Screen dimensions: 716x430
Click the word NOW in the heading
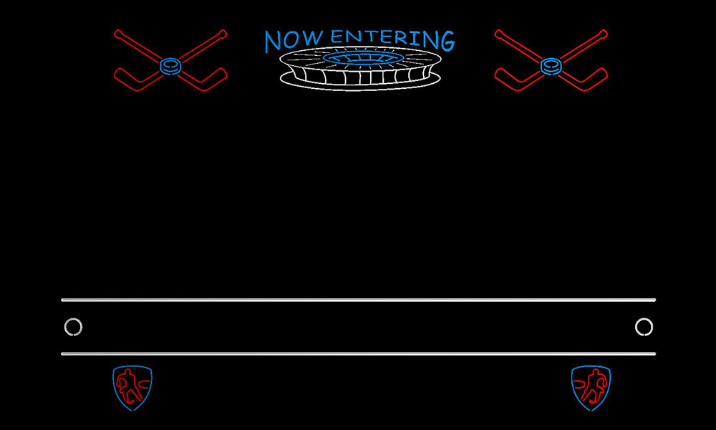click(x=294, y=40)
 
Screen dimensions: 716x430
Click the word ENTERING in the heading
click(x=392, y=39)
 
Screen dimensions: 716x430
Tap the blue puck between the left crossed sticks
click(x=170, y=66)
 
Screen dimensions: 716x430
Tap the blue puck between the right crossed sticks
click(x=551, y=66)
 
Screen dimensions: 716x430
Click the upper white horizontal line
click(x=359, y=300)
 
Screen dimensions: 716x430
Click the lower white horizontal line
click(x=359, y=354)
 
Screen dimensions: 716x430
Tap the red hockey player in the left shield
click(x=128, y=386)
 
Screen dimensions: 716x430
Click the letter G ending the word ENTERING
click(x=447, y=41)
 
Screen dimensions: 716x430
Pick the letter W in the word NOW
click(x=313, y=39)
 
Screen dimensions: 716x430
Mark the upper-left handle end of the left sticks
click(x=118, y=33)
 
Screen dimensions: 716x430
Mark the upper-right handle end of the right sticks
click(x=604, y=33)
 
